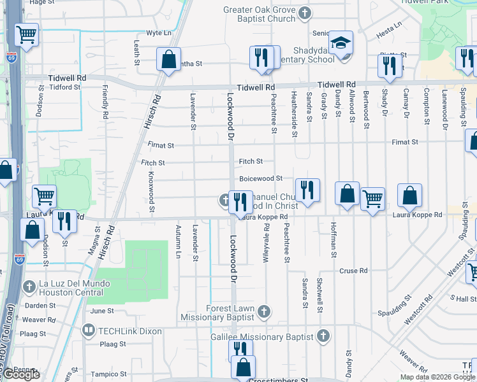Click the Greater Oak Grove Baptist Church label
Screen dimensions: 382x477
tap(259, 14)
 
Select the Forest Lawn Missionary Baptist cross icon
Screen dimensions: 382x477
tap(264, 311)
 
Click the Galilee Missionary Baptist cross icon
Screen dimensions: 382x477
tap(323, 335)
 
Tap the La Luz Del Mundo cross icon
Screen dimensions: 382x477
tap(29, 287)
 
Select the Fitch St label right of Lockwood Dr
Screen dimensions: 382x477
tap(251, 162)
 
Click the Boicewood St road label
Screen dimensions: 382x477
tap(261, 179)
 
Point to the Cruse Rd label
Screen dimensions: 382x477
tap(353, 271)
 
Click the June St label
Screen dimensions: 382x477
tap(102, 311)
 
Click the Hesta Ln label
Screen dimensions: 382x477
tap(389, 27)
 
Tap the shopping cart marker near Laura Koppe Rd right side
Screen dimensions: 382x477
tap(372, 198)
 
